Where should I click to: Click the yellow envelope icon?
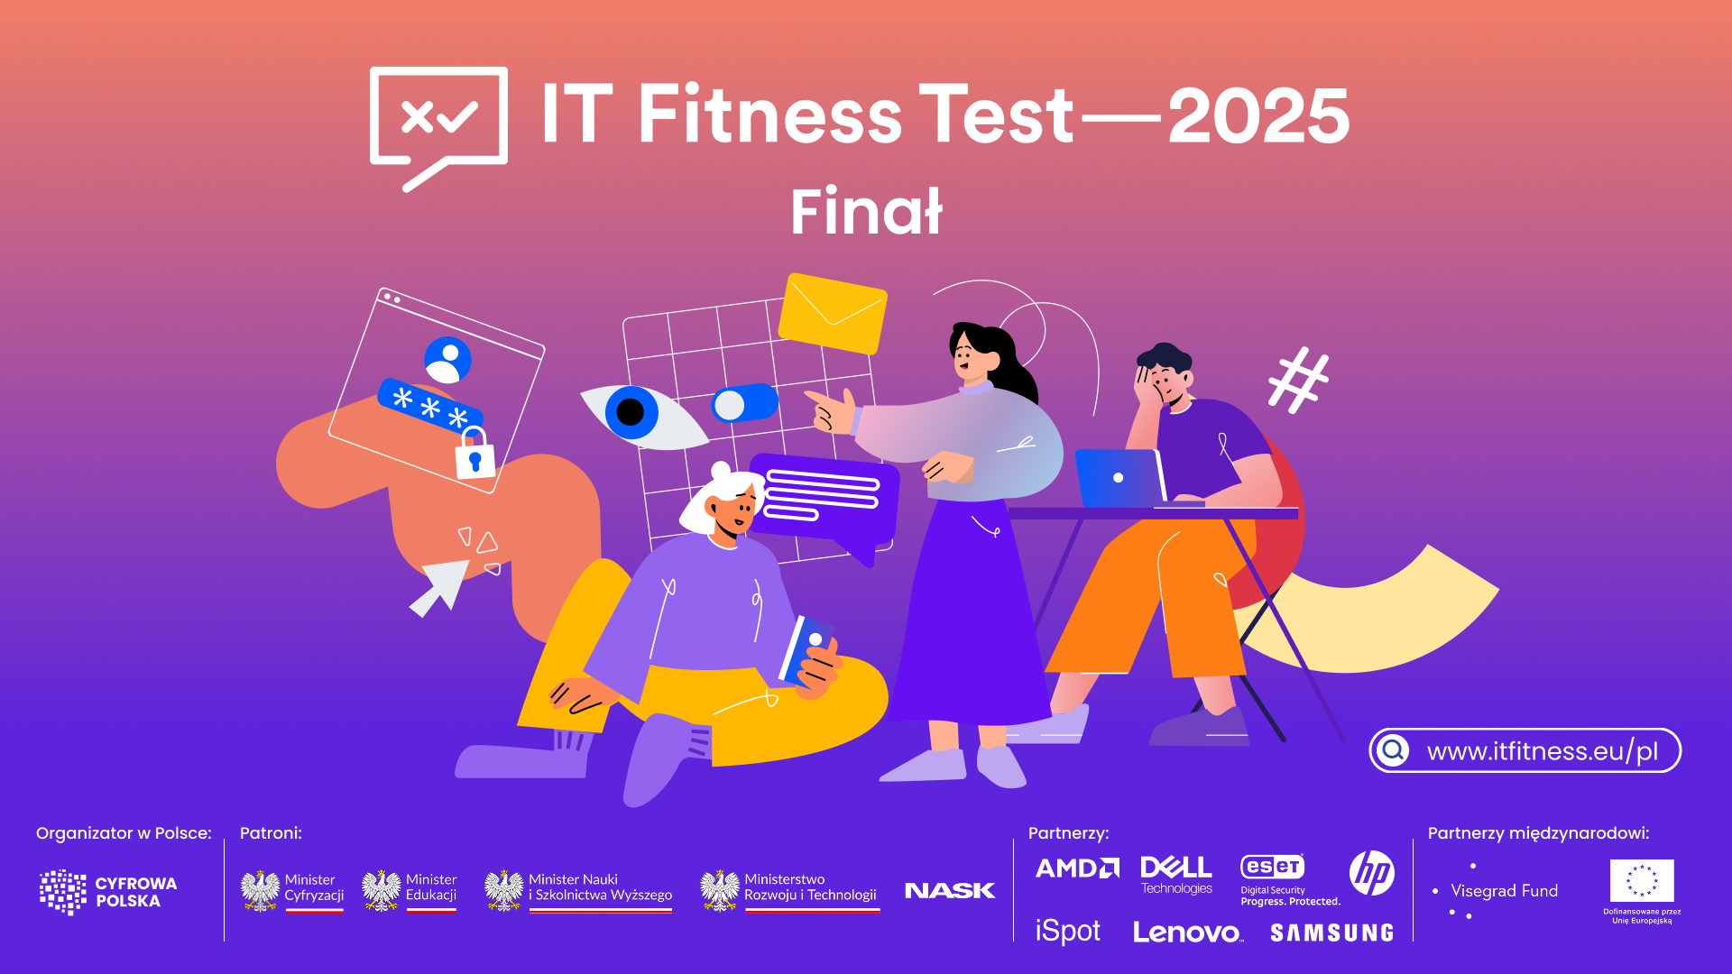tap(833, 313)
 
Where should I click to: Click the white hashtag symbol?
tap(1298, 380)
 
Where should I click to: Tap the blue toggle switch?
tap(745, 403)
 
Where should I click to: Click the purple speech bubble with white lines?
tap(823, 501)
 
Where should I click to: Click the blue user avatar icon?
tap(447, 360)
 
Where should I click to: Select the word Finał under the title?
tap(866, 213)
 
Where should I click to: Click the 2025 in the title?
tap(1258, 115)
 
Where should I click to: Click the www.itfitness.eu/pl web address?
tap(1542, 751)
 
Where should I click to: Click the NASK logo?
tap(949, 891)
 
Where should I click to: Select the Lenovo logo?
tap(1187, 933)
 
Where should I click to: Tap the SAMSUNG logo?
tap(1331, 933)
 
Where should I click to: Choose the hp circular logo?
tap(1371, 873)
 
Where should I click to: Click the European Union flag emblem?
tap(1642, 881)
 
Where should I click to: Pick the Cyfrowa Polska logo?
tap(108, 892)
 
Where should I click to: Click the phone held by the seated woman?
tap(806, 649)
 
